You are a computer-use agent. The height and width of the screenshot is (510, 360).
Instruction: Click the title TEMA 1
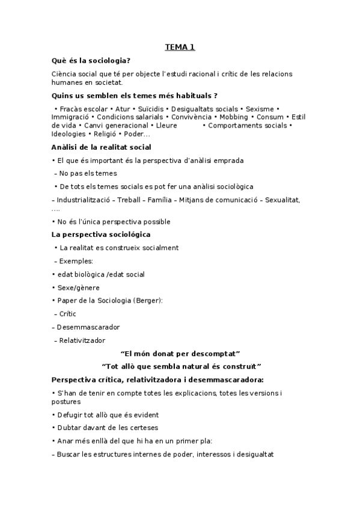point(180,47)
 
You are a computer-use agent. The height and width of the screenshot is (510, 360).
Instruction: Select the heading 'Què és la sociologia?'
point(91,61)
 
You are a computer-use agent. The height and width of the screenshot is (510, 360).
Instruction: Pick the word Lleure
point(166,125)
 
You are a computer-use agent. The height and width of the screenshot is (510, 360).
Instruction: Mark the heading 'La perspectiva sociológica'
point(101,234)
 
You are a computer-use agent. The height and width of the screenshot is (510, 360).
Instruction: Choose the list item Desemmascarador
point(88,327)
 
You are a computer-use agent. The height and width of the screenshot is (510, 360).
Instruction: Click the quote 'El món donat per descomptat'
point(180,353)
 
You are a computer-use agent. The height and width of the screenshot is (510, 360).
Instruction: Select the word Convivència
point(196,117)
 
